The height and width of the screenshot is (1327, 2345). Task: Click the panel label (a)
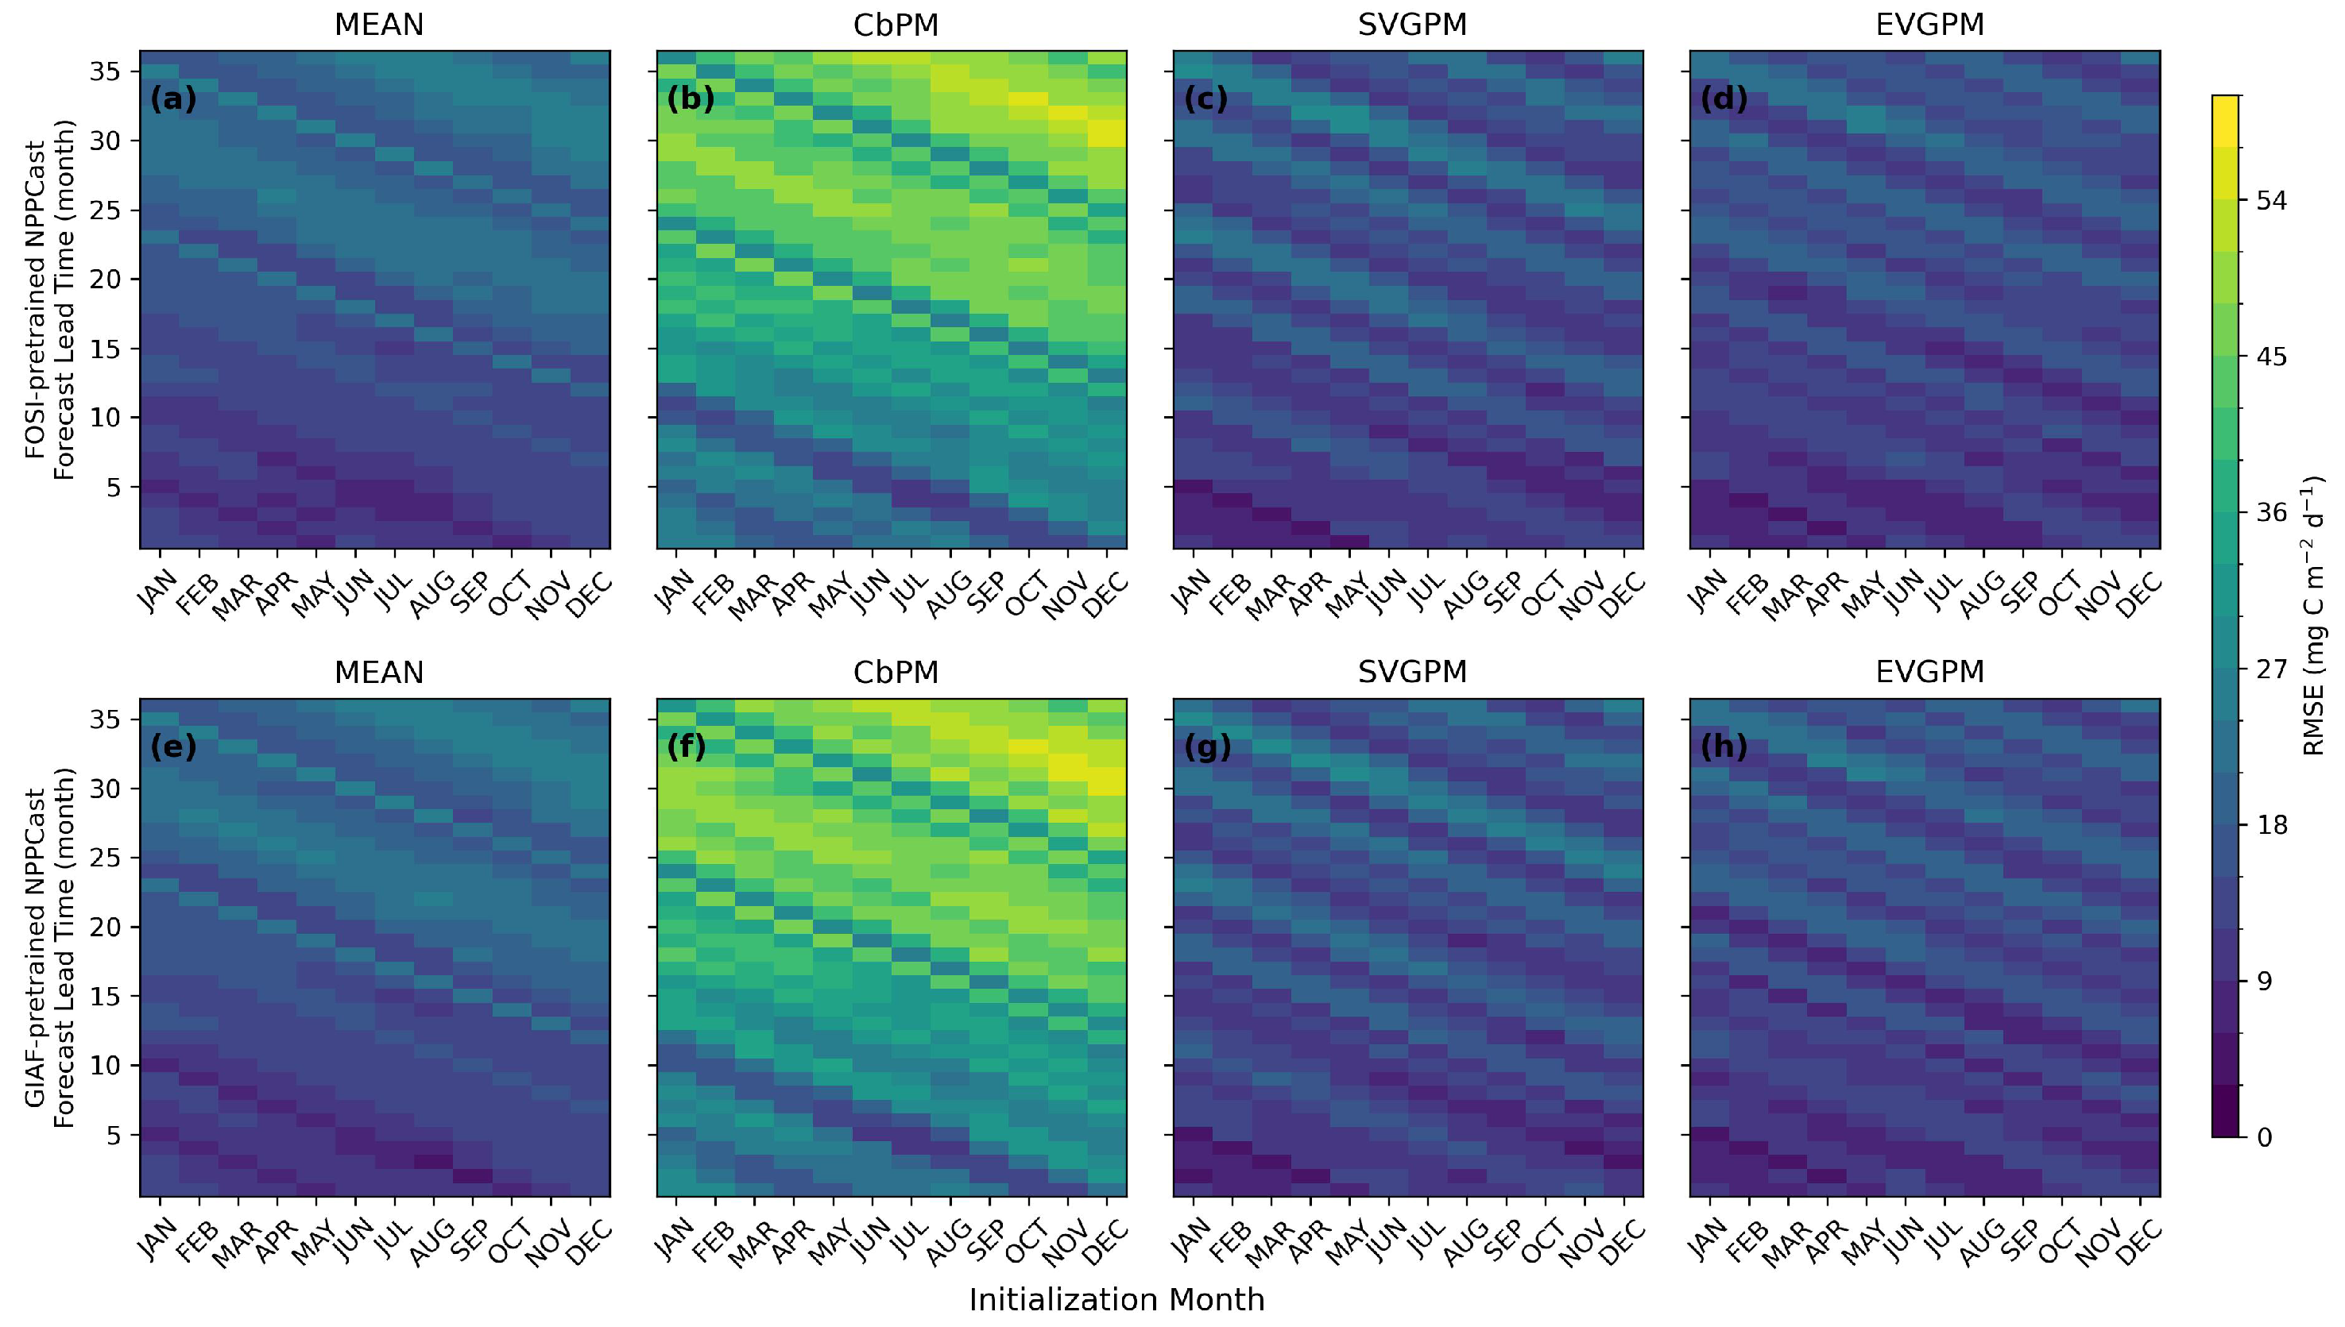(173, 98)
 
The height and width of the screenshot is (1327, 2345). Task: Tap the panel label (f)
(687, 746)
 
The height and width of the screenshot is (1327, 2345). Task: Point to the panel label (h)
(1724, 746)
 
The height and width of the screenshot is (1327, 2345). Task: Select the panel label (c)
(1205, 98)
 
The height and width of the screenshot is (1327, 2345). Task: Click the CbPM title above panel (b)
(896, 25)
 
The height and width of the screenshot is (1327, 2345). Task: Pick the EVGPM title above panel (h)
(1929, 672)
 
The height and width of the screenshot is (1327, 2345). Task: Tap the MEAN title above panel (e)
(378, 672)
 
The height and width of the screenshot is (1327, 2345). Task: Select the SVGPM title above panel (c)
(1412, 25)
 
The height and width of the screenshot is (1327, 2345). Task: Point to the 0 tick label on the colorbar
(2265, 1137)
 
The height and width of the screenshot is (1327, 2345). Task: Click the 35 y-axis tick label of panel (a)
(106, 71)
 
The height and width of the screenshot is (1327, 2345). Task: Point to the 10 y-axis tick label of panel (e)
(106, 1066)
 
